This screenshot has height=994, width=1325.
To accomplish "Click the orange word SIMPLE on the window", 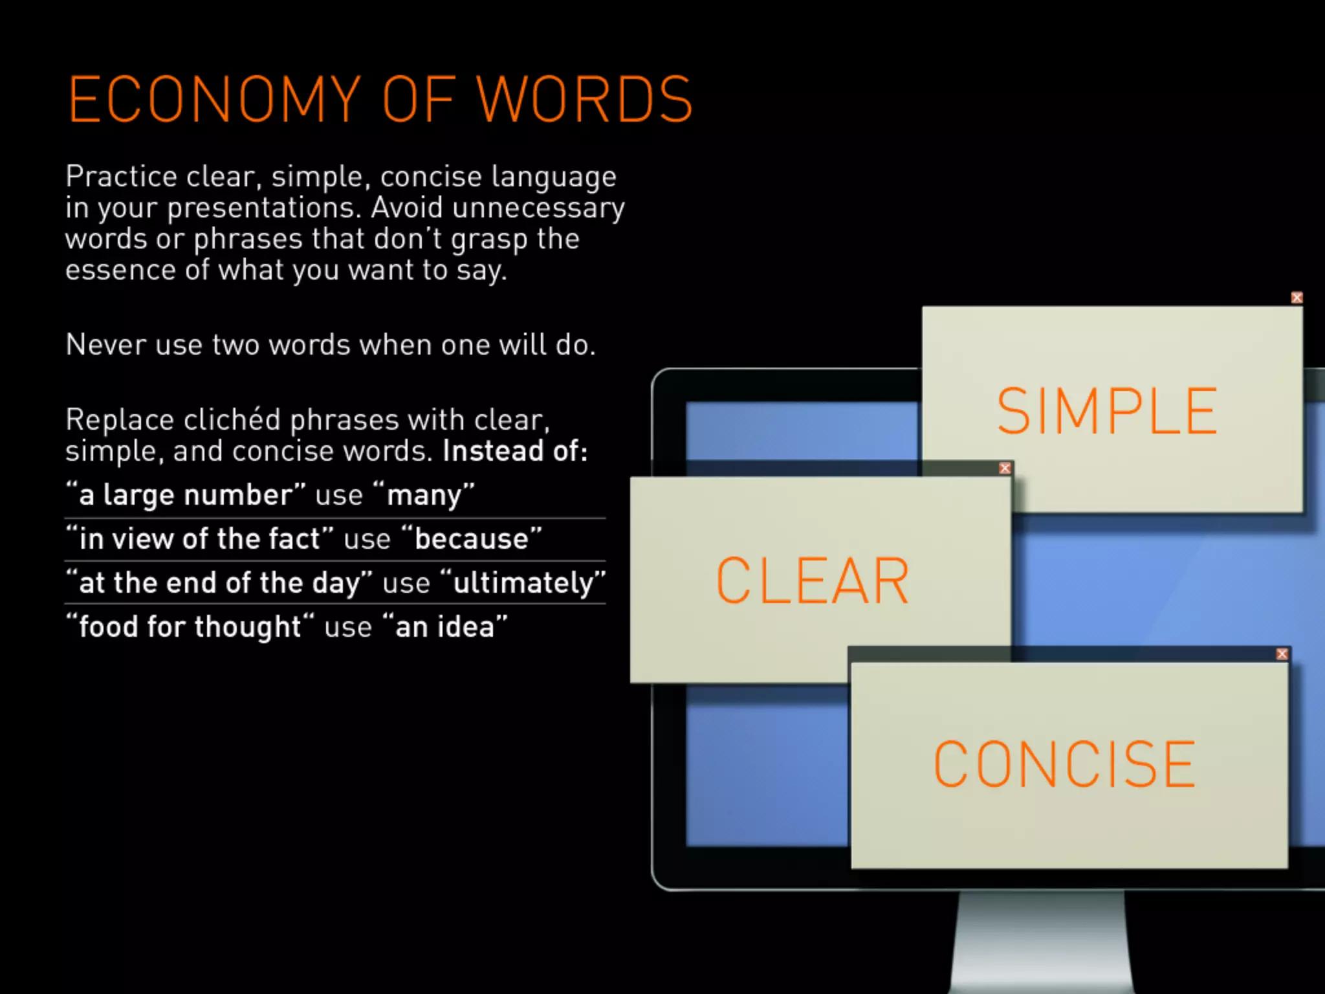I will (x=1107, y=411).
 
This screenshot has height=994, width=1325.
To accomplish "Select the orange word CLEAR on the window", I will (x=813, y=580).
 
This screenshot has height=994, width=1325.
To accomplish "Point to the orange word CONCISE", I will (x=1064, y=764).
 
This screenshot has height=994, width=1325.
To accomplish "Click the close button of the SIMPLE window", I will (x=1297, y=298).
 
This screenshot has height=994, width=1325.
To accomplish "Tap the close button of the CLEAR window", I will (x=1005, y=468).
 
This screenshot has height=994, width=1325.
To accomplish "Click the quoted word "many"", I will (x=424, y=496).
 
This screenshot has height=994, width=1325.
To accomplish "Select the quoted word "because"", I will (x=472, y=539).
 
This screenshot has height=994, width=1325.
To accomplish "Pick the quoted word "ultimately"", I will (x=523, y=583).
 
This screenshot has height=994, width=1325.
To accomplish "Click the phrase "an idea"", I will (x=445, y=627).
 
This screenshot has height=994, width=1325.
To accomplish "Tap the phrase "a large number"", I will (x=186, y=496).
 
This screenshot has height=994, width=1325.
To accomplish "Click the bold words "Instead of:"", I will (x=515, y=451).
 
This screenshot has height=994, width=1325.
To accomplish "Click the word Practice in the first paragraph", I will (x=121, y=177).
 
